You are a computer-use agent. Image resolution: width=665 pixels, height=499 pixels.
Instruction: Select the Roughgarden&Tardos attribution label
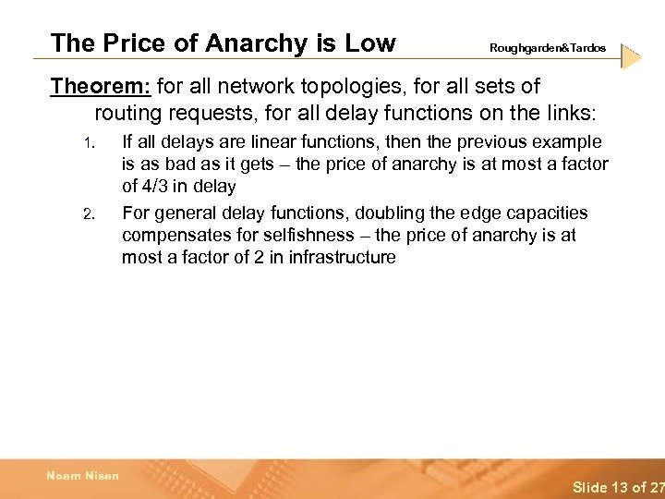(x=548, y=47)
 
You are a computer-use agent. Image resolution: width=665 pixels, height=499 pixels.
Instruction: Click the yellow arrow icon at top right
(x=631, y=56)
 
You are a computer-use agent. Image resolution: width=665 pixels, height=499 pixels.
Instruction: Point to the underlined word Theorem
(x=100, y=87)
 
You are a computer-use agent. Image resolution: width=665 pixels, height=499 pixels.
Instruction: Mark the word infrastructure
(x=342, y=257)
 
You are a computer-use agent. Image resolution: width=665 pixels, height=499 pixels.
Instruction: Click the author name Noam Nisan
(x=83, y=476)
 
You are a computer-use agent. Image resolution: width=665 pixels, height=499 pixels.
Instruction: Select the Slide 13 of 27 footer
(x=617, y=487)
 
